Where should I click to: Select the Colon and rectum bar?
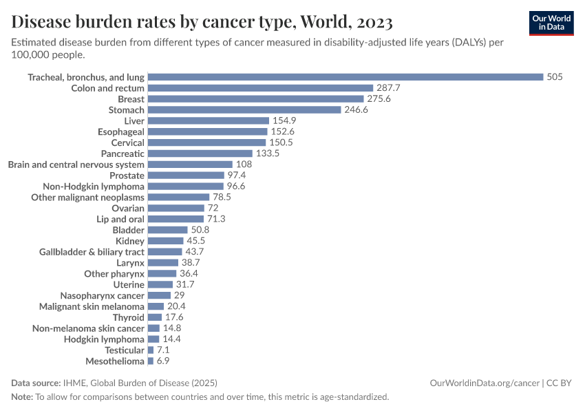[260, 88]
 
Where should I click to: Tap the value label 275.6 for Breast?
[379, 99]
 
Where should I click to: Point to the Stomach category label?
[127, 110]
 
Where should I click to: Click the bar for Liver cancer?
[208, 120]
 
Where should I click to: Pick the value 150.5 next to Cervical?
[281, 142]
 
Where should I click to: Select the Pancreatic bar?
[200, 153]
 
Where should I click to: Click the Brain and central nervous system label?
[76, 165]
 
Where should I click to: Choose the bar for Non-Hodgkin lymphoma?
[186, 186]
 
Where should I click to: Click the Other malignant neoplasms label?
[87, 197]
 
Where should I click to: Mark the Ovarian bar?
[176, 208]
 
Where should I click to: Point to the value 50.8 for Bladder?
[201, 230]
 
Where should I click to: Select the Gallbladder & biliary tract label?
[92, 252]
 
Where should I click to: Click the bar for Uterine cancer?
[160, 284]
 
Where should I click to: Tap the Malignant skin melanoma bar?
[156, 306]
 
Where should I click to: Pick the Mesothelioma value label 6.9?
[164, 361]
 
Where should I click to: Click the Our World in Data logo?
[551, 23]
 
